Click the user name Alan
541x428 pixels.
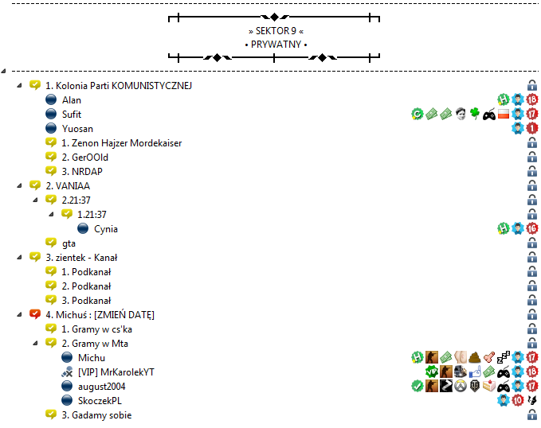72,100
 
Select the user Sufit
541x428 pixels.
72,115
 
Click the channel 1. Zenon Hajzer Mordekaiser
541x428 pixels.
121,143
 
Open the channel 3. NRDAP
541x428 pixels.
82,172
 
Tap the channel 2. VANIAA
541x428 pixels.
68,186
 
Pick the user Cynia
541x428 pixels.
106,229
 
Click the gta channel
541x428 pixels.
69,243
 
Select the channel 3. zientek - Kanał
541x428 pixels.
81,258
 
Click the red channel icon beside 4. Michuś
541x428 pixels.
35,314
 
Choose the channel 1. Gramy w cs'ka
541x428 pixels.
96,329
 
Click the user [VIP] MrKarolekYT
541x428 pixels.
116,372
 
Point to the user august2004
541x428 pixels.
102,387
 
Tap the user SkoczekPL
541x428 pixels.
100,401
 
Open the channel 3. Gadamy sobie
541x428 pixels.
96,415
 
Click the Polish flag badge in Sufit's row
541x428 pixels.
504,114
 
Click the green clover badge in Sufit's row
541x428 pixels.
475,114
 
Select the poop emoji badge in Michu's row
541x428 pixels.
475,357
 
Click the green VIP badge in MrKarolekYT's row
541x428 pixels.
432,372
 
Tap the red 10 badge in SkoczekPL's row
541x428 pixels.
518,400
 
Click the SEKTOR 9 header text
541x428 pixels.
276,31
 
